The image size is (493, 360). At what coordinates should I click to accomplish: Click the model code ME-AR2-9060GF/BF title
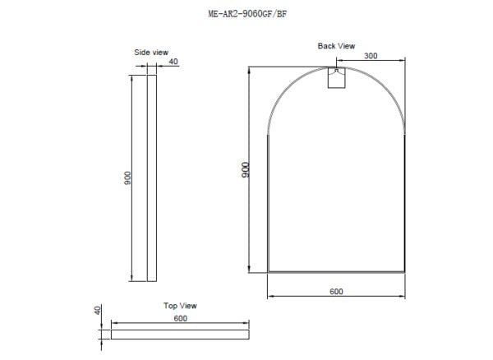(x=248, y=14)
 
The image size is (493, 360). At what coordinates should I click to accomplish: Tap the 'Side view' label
(x=150, y=53)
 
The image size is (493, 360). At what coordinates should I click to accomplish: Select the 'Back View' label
(x=337, y=46)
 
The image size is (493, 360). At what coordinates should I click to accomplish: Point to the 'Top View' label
(x=181, y=306)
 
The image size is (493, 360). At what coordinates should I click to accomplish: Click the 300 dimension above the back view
(x=371, y=56)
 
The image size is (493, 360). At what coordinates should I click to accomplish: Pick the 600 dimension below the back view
(x=337, y=292)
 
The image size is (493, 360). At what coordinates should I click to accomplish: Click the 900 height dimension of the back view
(x=245, y=170)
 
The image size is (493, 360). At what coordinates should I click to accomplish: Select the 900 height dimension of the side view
(x=127, y=178)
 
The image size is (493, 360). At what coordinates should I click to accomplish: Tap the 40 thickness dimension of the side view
(x=173, y=62)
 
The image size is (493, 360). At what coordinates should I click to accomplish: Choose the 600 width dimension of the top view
(x=181, y=318)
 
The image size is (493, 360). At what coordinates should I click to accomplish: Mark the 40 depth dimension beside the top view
(x=97, y=311)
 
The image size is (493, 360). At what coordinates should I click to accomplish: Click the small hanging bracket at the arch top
(x=337, y=77)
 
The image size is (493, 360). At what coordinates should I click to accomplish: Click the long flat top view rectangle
(x=181, y=335)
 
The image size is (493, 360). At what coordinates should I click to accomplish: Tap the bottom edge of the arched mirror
(x=337, y=270)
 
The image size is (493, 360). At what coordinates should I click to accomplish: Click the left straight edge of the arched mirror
(x=269, y=205)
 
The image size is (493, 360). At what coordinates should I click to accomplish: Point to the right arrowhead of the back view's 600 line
(x=403, y=298)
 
